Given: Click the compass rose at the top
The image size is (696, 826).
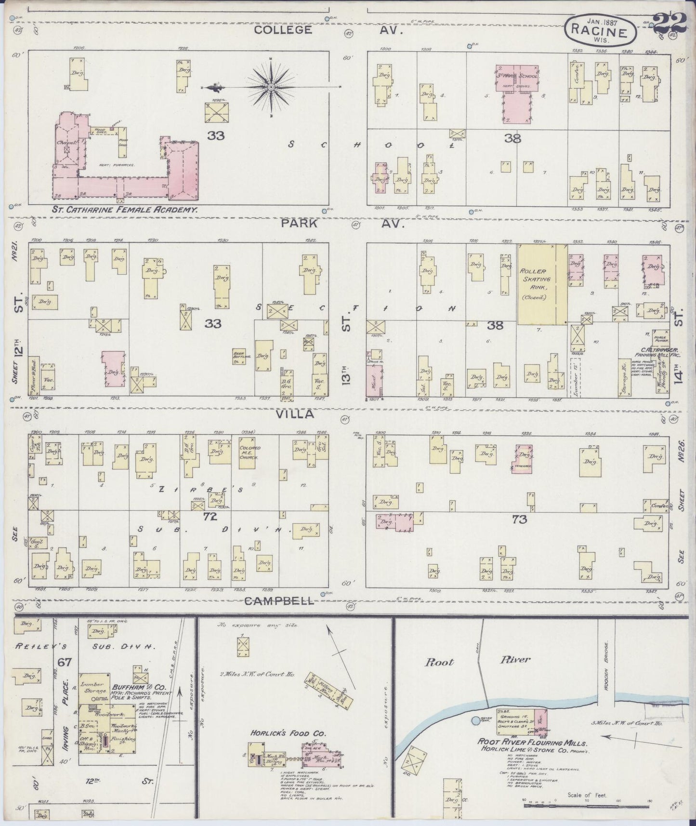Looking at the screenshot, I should (x=271, y=87).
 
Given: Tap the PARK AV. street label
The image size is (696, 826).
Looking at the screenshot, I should (x=332, y=224).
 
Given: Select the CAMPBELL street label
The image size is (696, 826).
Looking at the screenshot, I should (x=279, y=600).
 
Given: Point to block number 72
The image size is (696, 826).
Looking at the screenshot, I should (x=210, y=517).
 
